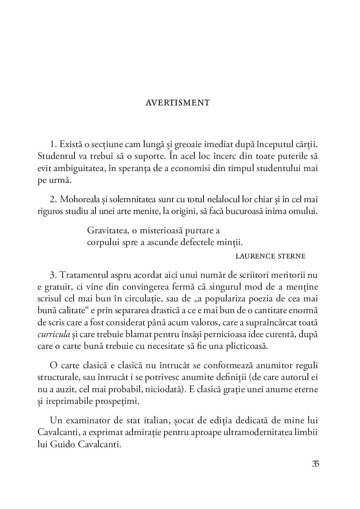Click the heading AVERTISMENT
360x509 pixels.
(177, 103)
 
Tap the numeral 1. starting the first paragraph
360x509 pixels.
(53, 144)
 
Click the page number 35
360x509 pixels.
(315, 464)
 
